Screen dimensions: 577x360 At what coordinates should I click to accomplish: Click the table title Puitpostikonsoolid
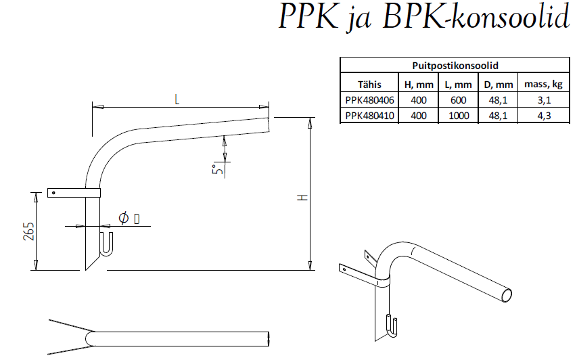pos(455,66)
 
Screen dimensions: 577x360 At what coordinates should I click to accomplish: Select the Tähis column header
pos(369,85)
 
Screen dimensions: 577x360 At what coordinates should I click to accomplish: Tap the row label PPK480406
pos(369,99)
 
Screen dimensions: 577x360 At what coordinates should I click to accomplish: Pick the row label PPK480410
pos(369,116)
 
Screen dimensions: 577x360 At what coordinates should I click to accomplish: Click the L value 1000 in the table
pos(459,116)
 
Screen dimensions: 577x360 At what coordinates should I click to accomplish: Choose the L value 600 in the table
pos(458,99)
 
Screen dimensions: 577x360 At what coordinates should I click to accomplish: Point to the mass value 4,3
pos(544,116)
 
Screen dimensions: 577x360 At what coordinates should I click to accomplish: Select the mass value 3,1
pos(544,99)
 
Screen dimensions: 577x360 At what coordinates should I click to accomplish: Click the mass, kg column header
pos(543,85)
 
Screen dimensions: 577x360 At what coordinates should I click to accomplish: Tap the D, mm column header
pos(499,85)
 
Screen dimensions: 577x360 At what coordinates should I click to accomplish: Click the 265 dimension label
pos(29,231)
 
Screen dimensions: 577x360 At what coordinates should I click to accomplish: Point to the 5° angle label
pos(217,169)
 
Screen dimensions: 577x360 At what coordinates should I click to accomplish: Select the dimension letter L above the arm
pos(177,99)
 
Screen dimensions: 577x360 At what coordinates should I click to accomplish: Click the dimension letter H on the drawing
pos(302,198)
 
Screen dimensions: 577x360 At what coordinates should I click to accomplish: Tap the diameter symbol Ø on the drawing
pos(124,219)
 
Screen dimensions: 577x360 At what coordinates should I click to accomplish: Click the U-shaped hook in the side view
pos(106,244)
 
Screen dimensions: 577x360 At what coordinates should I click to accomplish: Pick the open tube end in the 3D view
pos(507,295)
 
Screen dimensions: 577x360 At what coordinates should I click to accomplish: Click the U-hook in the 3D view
pos(391,325)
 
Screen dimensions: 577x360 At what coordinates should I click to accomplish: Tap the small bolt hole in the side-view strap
pos(53,192)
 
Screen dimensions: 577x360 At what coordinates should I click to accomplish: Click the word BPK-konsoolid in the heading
pos(476,16)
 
